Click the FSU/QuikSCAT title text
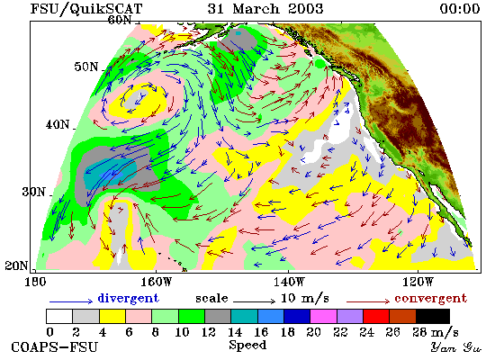pyautogui.click(x=86, y=9)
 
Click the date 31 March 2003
pyautogui.click(x=265, y=8)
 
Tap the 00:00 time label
pyautogui.click(x=460, y=8)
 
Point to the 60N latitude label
pyautogui.click(x=120, y=20)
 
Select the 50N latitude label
pyautogui.click(x=86, y=67)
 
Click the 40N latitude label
pyautogui.click(x=58, y=125)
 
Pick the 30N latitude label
pyautogui.click(x=33, y=192)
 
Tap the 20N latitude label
pyautogui.click(x=16, y=265)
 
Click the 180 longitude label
pyautogui.click(x=35, y=282)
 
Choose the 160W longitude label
pyautogui.click(x=156, y=282)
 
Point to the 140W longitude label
pyautogui.click(x=289, y=282)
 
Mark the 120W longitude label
pyautogui.click(x=418, y=282)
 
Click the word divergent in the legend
pyautogui.click(x=128, y=298)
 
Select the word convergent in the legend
pyautogui.click(x=430, y=299)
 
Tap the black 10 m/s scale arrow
pyautogui.click(x=255, y=301)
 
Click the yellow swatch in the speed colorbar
pyautogui.click(x=112, y=316)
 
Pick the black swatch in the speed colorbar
pyautogui.click(x=433, y=316)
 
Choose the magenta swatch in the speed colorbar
pyautogui.click(x=323, y=316)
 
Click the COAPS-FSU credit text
pyautogui.click(x=54, y=347)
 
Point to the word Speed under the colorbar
pyautogui.click(x=247, y=346)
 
